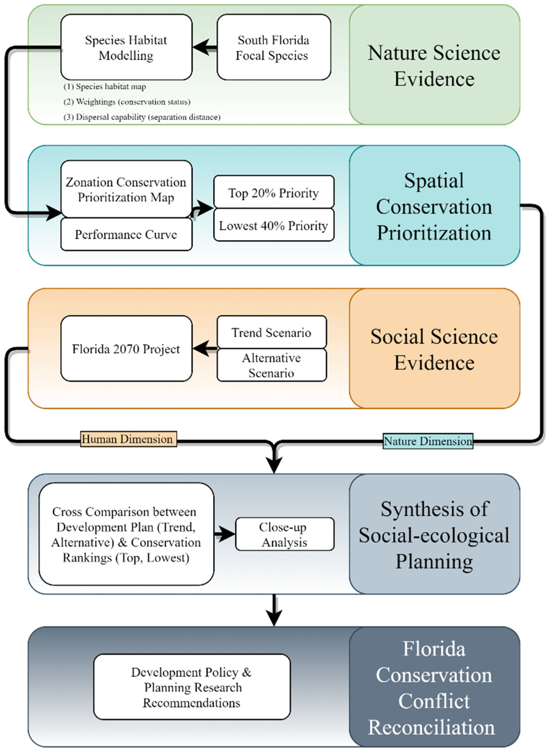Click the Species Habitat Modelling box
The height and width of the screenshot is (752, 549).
[126, 47]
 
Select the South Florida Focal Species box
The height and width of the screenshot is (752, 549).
[273, 47]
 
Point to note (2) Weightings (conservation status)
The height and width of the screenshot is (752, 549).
[127, 102]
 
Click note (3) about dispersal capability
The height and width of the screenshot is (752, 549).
[142, 117]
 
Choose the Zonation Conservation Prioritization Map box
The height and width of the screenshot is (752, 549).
[126, 189]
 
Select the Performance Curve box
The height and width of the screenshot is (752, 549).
[126, 234]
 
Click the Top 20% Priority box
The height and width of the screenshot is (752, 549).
[273, 193]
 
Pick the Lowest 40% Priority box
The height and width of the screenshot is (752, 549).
[273, 226]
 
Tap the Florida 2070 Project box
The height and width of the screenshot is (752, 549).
[126, 349]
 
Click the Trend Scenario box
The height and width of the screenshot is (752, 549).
[271, 332]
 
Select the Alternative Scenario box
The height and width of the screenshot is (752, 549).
[271, 365]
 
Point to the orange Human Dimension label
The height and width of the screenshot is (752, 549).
[128, 439]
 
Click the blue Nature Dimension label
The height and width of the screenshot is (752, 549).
[428, 441]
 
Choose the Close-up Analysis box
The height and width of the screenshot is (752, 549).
[285, 534]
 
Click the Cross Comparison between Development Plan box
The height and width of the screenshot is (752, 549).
[126, 534]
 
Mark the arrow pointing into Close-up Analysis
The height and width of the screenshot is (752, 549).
[225, 534]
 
